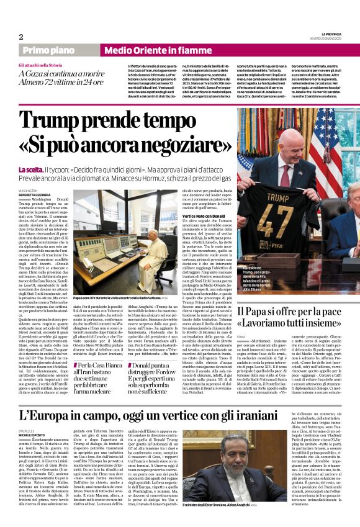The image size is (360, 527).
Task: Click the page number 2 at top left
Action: click(21, 37)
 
